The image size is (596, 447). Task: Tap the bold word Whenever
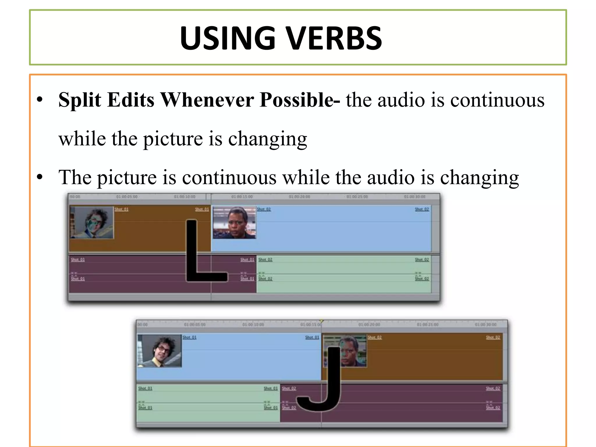207,100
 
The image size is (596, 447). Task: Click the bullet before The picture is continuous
40,177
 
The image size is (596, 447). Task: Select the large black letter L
198,256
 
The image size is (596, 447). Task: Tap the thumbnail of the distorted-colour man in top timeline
92,223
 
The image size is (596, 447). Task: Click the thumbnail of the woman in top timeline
234,223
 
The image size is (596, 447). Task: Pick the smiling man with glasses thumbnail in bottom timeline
159,351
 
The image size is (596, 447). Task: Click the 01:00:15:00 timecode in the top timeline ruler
242,197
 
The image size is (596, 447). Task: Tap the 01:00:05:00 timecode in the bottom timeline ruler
195,324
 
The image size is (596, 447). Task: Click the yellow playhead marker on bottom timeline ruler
321,321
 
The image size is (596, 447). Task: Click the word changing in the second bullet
479,178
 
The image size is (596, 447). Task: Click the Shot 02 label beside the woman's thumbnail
264,209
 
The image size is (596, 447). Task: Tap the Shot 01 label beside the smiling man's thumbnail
189,337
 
